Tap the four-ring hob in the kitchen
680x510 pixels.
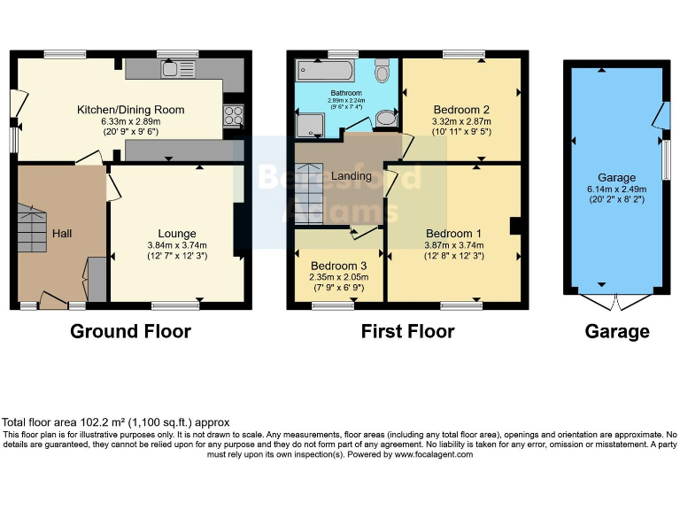pos(234,114)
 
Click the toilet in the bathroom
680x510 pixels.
pos(382,71)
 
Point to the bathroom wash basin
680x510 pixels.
pos(387,119)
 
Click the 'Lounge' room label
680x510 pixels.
pos(177,234)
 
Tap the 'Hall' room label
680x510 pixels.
pos(62,234)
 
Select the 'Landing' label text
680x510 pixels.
pos(351,176)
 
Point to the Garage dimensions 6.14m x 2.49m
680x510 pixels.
pos(616,189)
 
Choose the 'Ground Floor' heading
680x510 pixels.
pos(130,332)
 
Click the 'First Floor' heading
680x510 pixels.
pos(407,332)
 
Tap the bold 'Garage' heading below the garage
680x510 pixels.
pos(616,332)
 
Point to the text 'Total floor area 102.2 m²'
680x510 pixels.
pos(71,422)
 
